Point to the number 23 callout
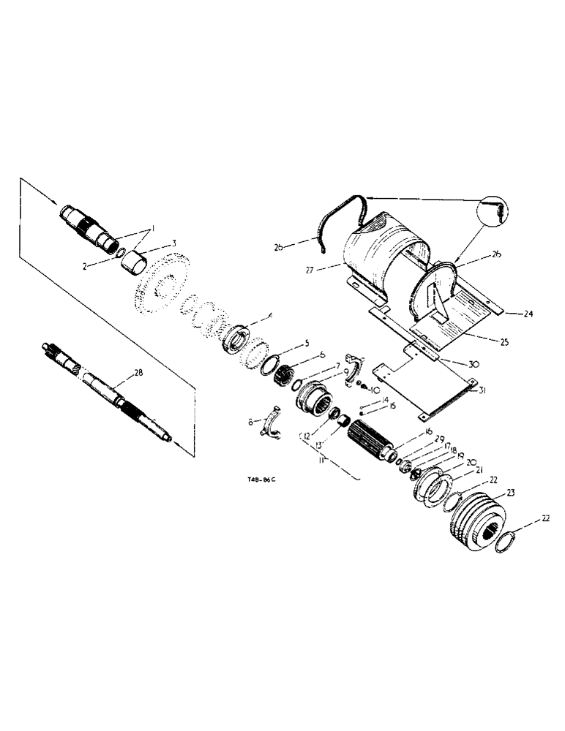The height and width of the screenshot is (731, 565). click(509, 492)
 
